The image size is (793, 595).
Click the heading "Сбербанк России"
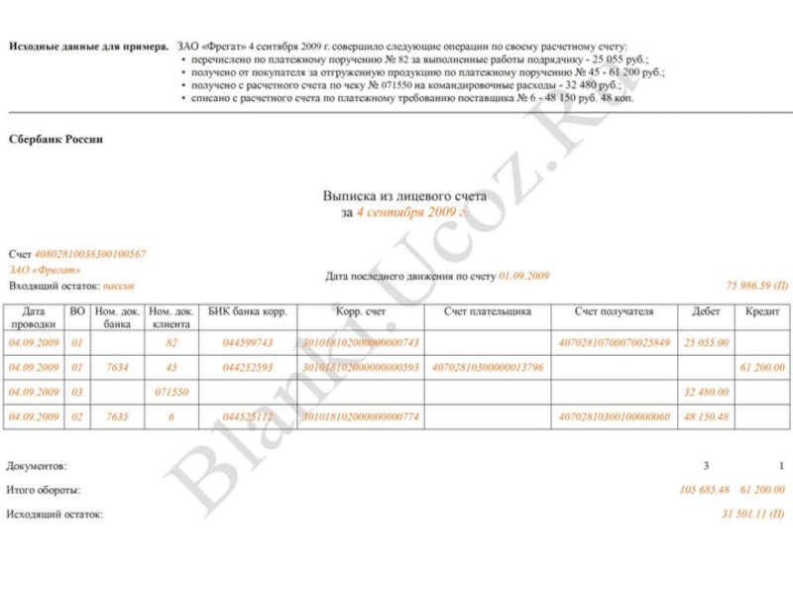(56, 140)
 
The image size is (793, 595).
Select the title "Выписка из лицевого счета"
(404, 196)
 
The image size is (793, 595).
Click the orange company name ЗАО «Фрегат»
(46, 270)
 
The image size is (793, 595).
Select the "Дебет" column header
(706, 311)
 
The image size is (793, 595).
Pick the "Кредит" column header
(762, 311)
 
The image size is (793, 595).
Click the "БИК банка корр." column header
(248, 311)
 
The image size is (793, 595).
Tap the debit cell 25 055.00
(706, 343)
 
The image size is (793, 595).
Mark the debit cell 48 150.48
(706, 417)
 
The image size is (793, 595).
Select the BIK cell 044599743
(248, 343)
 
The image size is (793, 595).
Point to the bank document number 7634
(117, 368)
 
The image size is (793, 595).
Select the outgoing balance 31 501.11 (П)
(753, 515)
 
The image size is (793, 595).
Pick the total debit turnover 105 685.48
(705, 490)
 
